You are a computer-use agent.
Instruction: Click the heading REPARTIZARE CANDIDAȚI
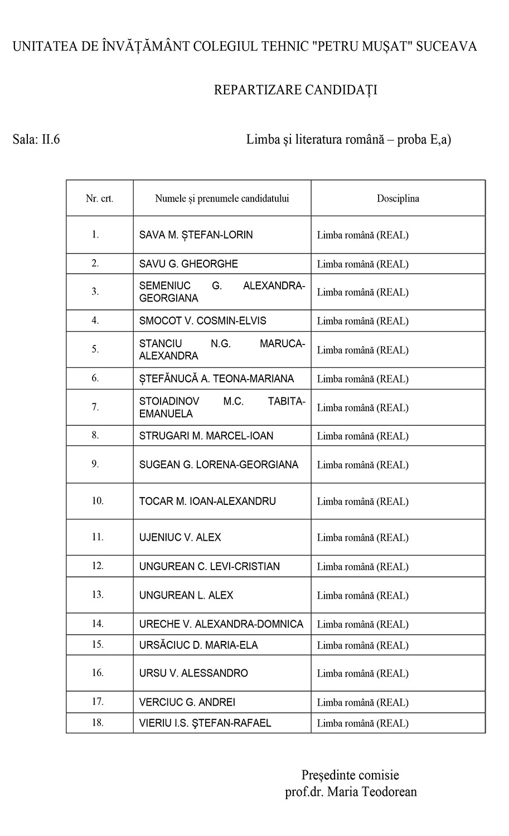(x=295, y=90)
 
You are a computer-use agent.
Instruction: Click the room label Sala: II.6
(x=36, y=139)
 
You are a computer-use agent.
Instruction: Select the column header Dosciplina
(x=397, y=198)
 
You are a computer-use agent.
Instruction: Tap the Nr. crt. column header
(x=100, y=198)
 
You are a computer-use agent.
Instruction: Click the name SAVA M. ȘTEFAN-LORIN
(x=196, y=235)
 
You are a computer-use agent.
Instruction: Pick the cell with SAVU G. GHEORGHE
(x=188, y=264)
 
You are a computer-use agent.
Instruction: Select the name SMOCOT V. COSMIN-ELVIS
(x=202, y=321)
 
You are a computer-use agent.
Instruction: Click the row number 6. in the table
(x=95, y=378)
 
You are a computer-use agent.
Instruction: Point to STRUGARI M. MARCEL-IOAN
(x=206, y=436)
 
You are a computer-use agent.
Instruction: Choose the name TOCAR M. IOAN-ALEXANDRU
(x=207, y=501)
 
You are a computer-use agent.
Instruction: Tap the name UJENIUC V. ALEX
(x=180, y=537)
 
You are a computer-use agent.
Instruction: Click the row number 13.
(x=98, y=595)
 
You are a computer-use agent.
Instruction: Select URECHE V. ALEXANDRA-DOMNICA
(x=221, y=624)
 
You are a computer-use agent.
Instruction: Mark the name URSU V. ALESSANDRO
(x=193, y=673)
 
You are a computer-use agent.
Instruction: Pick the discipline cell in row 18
(x=362, y=723)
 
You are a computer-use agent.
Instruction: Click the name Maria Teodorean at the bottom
(x=372, y=792)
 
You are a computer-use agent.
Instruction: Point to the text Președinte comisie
(x=350, y=775)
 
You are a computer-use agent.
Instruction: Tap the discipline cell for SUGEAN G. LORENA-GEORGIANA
(x=362, y=465)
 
